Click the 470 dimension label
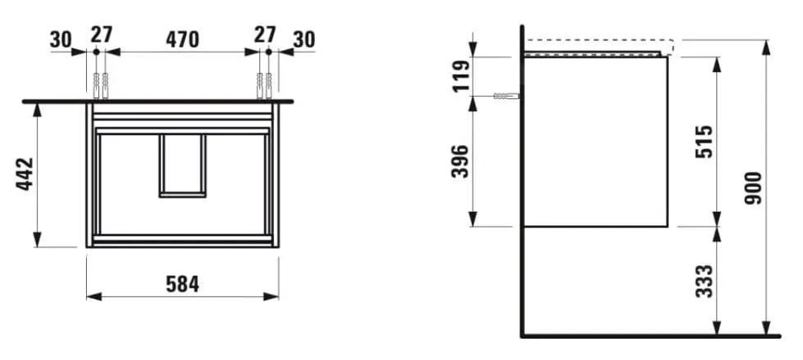(x=183, y=39)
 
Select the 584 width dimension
(x=182, y=284)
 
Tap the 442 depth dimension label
(x=25, y=175)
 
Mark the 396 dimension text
(x=460, y=161)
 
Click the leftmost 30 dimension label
(x=62, y=39)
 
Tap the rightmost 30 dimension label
(x=303, y=39)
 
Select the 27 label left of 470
(x=101, y=35)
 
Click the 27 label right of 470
(x=264, y=35)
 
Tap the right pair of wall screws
(x=264, y=84)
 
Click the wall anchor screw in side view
(x=506, y=97)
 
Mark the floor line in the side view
(x=648, y=336)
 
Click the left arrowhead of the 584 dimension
(x=91, y=296)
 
